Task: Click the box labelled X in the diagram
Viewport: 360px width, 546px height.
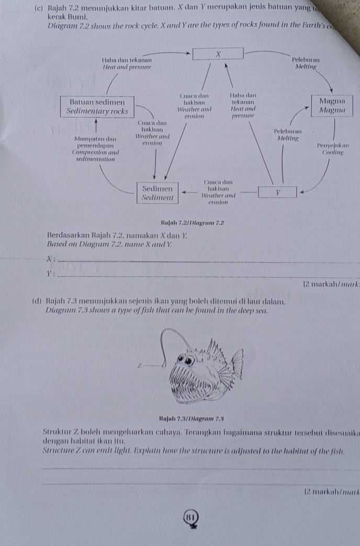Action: (218, 53)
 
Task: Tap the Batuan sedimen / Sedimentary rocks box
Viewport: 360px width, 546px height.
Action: (98, 107)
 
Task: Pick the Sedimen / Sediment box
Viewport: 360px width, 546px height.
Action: (157, 192)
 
